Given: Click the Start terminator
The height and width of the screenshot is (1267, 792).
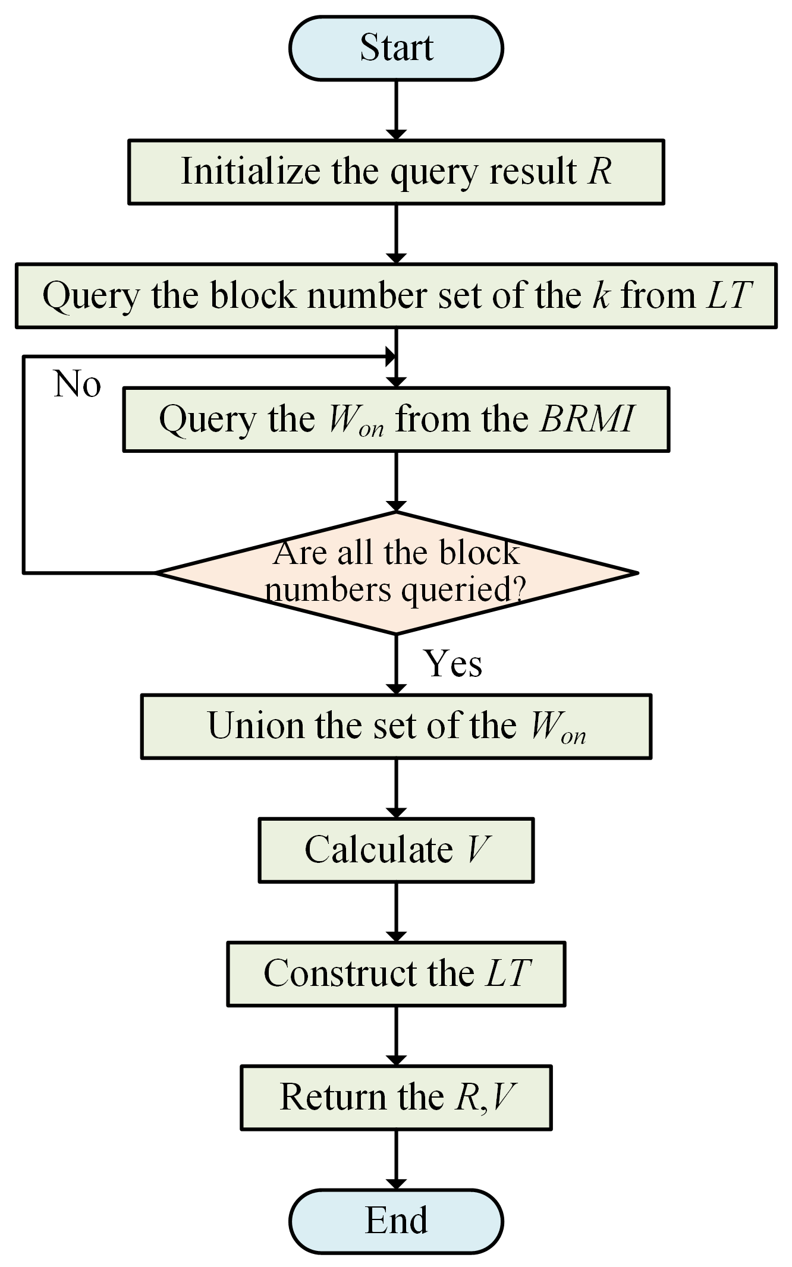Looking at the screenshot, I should pyautogui.click(x=396, y=48).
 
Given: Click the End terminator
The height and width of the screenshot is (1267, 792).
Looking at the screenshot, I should pyautogui.click(x=396, y=1221).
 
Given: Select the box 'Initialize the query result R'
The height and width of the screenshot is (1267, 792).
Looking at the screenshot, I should pyautogui.click(x=396, y=172).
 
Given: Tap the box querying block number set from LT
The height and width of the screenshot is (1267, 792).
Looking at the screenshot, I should pyautogui.click(x=396, y=295).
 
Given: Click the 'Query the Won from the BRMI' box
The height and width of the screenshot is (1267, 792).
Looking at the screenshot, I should pyautogui.click(x=396, y=420).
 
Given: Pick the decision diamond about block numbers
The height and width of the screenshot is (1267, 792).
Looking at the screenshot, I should pyautogui.click(x=396, y=573).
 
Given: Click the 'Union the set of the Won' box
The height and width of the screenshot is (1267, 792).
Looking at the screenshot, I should pyautogui.click(x=396, y=726).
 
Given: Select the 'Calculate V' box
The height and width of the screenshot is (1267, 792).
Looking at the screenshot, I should pyautogui.click(x=396, y=850).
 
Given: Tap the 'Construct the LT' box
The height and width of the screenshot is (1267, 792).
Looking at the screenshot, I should pyautogui.click(x=396, y=973).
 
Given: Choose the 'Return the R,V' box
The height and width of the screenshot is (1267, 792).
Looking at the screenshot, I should pyautogui.click(x=396, y=1097).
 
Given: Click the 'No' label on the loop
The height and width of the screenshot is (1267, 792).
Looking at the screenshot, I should pyautogui.click(x=77, y=384).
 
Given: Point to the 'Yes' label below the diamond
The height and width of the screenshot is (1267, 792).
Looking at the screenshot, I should pyautogui.click(x=453, y=663).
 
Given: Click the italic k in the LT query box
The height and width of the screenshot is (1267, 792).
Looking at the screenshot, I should pyautogui.click(x=601, y=295).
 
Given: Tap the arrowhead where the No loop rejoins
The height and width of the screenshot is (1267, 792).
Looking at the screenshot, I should pyautogui.click(x=391, y=357).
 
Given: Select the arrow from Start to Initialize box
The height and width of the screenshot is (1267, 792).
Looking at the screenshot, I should pyautogui.click(x=396, y=110).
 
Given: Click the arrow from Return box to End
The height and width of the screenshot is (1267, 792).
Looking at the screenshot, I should pyautogui.click(x=396, y=1159).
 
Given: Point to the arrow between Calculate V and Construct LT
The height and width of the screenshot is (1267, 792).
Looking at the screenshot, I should pyautogui.click(x=396, y=912).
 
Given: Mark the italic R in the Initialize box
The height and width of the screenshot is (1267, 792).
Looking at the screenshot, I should pyautogui.click(x=599, y=172).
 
